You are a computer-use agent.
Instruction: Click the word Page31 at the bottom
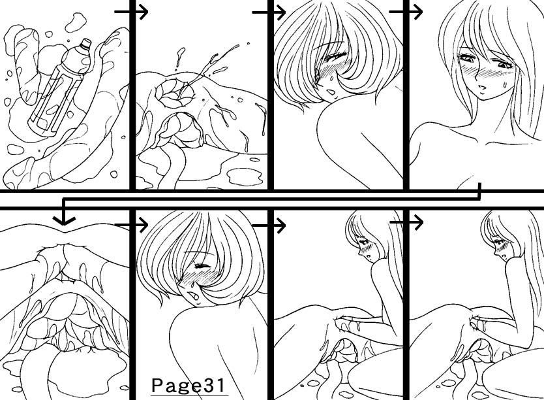pos(189,386)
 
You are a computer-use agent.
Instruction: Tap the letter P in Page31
pos(157,385)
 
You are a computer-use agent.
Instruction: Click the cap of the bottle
pos(85,43)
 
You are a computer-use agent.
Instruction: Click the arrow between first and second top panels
pos(131,12)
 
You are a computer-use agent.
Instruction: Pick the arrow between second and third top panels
pos(269,12)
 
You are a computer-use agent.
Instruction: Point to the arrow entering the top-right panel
pos(406,12)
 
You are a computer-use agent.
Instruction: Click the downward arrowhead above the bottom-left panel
pos(64,220)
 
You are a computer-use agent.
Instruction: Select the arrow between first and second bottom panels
pos(131,225)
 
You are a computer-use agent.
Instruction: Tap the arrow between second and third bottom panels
pos(269,225)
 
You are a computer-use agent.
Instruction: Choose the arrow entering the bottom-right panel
pos(406,222)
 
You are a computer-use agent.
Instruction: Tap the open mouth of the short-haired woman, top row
pos(331,92)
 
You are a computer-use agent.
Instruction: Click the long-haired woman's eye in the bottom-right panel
pos(498,242)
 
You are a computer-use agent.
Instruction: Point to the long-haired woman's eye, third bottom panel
pos(363,242)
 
